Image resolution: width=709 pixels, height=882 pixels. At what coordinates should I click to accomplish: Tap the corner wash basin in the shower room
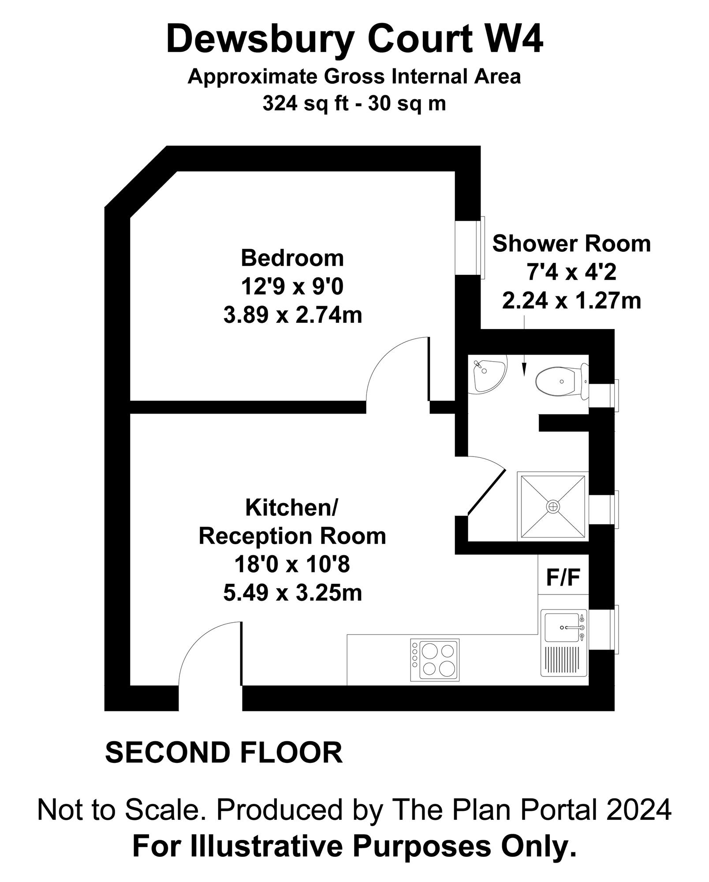(487, 374)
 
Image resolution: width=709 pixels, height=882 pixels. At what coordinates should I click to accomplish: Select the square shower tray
(552, 506)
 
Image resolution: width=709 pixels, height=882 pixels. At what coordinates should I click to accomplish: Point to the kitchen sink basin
(561, 627)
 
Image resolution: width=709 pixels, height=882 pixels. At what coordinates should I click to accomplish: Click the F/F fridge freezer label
(563, 577)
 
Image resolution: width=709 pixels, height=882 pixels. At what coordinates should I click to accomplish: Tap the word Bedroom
(292, 258)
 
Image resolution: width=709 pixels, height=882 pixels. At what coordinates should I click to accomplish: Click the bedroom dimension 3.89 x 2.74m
(292, 316)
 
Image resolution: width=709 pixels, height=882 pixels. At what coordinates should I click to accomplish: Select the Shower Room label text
(571, 244)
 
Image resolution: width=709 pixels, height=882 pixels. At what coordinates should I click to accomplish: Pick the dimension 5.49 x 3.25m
(292, 593)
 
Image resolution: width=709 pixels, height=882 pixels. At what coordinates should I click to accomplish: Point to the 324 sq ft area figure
(303, 104)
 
